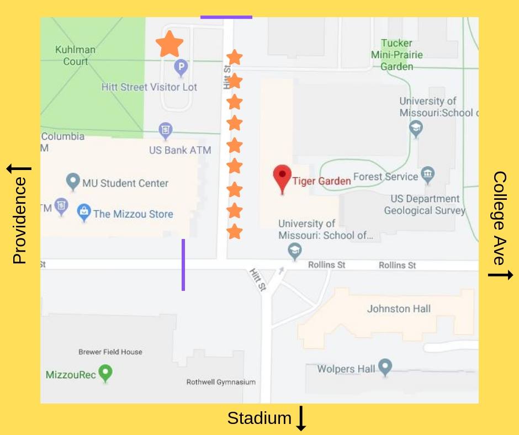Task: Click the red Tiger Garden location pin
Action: tap(282, 177)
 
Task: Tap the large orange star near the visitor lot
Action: tap(169, 44)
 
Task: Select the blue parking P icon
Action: tap(181, 68)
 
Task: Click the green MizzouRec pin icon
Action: tap(105, 373)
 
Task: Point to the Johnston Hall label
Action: tap(399, 309)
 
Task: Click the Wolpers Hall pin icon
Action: tap(385, 367)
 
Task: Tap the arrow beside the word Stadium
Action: tap(301, 418)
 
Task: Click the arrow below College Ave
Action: tap(500, 274)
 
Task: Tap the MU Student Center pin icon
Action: tap(72, 181)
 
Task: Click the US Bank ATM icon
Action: tap(165, 130)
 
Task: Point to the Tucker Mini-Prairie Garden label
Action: tap(396, 55)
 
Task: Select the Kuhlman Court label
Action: tap(75, 55)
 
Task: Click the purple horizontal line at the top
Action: tap(226, 17)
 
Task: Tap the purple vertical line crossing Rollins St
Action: tap(183, 264)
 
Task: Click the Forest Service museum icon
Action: tap(427, 175)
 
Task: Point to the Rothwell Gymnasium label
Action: tap(220, 382)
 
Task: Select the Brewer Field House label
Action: tap(110, 352)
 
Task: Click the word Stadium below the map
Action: tap(259, 418)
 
